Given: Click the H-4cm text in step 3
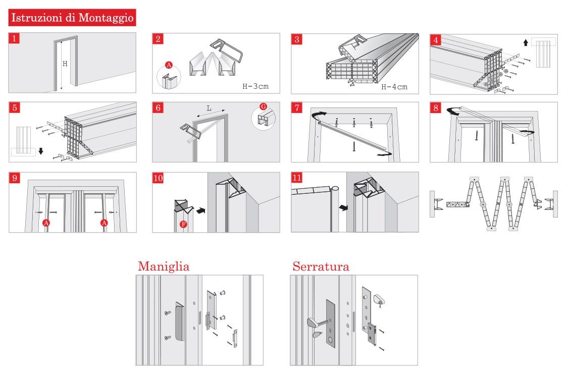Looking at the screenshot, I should click(x=394, y=86).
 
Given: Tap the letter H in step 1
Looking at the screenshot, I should click(x=65, y=64).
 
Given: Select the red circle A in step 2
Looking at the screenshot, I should click(x=169, y=65).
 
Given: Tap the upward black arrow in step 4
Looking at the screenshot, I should click(x=526, y=44).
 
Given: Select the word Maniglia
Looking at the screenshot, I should click(x=163, y=266).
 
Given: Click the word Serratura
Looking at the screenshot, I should click(x=320, y=266).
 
